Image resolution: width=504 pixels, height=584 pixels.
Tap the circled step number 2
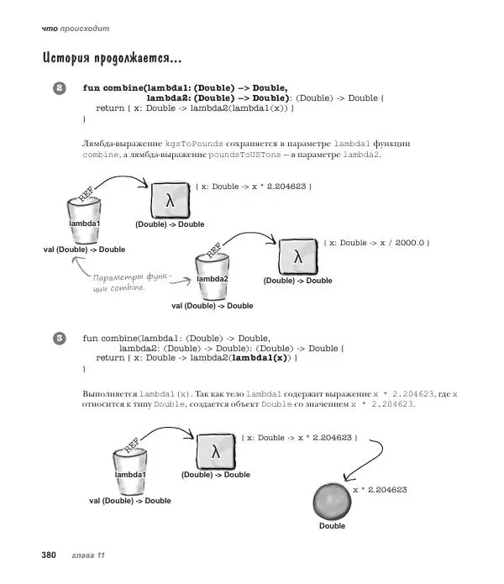pos(60,88)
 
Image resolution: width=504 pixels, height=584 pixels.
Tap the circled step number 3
pos(60,339)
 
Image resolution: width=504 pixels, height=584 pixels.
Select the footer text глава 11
pos(88,555)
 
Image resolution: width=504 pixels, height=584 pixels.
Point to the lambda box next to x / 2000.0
pos(297,255)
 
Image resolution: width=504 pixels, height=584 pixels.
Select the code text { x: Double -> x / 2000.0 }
pos(375,243)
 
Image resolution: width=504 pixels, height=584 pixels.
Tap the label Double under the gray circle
pos(332,526)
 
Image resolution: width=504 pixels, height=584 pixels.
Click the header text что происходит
pos(76,29)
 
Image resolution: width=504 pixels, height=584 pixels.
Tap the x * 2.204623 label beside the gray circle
pos(380,489)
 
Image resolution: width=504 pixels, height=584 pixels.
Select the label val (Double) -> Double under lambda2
pos(212,306)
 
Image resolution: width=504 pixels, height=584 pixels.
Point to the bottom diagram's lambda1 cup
pos(131,471)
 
